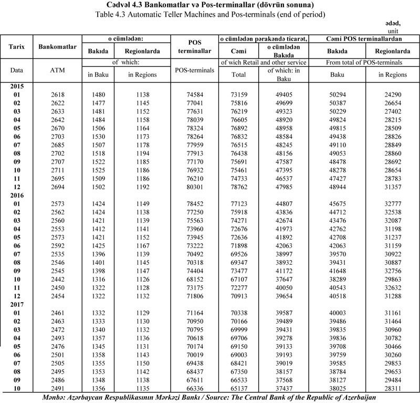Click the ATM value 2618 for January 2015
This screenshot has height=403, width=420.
(x=57, y=94)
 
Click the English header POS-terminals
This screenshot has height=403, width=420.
(x=195, y=70)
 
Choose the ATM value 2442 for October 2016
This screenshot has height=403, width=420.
(x=57, y=279)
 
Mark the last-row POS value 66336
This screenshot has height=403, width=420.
(x=195, y=388)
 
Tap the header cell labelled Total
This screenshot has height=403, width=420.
(x=238, y=75)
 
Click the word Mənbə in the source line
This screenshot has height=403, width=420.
(x=56, y=397)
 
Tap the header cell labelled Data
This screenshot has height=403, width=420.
(x=17, y=70)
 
